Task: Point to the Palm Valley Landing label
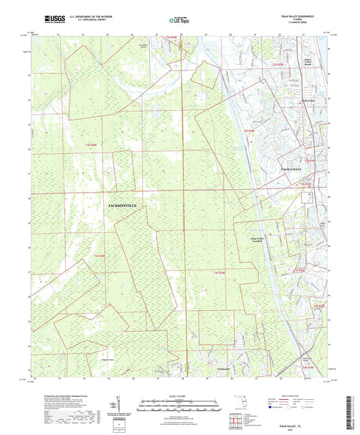tap(251, 241)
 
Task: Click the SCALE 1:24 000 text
tap(180, 395)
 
